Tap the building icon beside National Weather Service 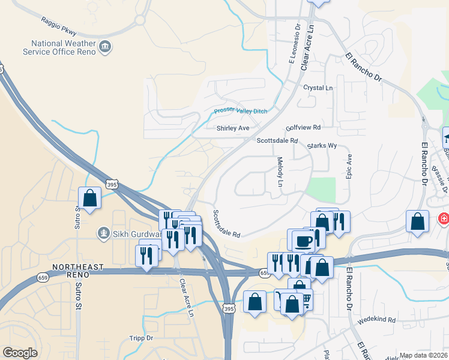(x=105, y=47)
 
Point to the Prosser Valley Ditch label (x=241, y=111)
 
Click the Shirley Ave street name (x=232, y=128)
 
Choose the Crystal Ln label (x=318, y=88)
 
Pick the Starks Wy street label (x=322, y=146)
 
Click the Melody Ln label (x=280, y=171)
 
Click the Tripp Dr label (x=142, y=338)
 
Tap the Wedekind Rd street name (x=377, y=320)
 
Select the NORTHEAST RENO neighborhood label (x=78, y=270)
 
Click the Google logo (x=20, y=353)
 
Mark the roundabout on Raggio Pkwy (x=140, y=20)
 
